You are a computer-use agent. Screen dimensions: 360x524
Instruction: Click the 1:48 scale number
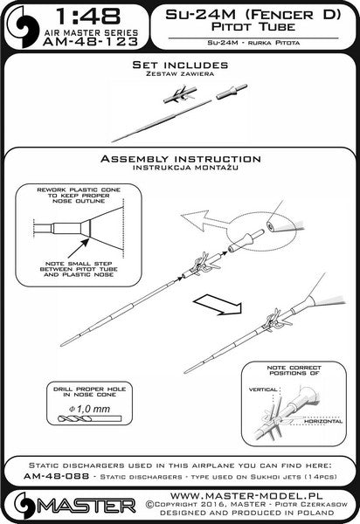pos(88,16)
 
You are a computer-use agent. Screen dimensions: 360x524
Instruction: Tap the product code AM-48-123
pos(91,41)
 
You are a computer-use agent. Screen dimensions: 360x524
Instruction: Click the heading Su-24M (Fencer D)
pos(253,15)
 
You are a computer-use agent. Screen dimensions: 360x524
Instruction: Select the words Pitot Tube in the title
pos(253,27)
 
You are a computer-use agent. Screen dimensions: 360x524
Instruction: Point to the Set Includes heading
pos(180,65)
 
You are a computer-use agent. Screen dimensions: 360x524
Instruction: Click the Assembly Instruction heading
pos(181,159)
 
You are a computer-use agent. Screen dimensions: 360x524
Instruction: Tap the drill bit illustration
pos(89,418)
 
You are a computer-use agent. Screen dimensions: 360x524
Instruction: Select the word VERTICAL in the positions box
pos(263,390)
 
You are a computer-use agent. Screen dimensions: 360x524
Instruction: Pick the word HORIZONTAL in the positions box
pos(323,422)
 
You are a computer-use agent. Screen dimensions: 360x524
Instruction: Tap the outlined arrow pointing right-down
pos(218,304)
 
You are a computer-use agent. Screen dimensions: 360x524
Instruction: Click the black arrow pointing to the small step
pos(79,248)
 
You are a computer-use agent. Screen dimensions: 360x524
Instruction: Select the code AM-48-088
pos(56,476)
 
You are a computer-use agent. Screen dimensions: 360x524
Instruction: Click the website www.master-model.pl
pos(246,495)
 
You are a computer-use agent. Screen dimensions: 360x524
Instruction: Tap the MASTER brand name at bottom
pos(86,507)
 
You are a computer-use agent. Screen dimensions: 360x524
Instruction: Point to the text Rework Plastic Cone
pos(79,190)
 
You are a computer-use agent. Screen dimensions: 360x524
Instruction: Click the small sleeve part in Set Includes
pos(232,92)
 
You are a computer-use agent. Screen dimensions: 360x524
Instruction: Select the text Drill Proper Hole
pos(90,389)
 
